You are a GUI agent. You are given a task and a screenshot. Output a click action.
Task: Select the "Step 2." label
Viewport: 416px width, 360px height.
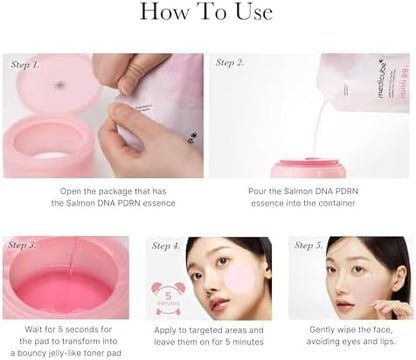(x=229, y=63)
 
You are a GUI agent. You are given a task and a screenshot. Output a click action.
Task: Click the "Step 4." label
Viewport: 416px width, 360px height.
(x=166, y=246)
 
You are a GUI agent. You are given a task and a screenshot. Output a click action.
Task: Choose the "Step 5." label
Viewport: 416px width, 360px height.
(x=307, y=246)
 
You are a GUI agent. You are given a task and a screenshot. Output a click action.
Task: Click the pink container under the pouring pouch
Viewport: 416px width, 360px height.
(x=308, y=167)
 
